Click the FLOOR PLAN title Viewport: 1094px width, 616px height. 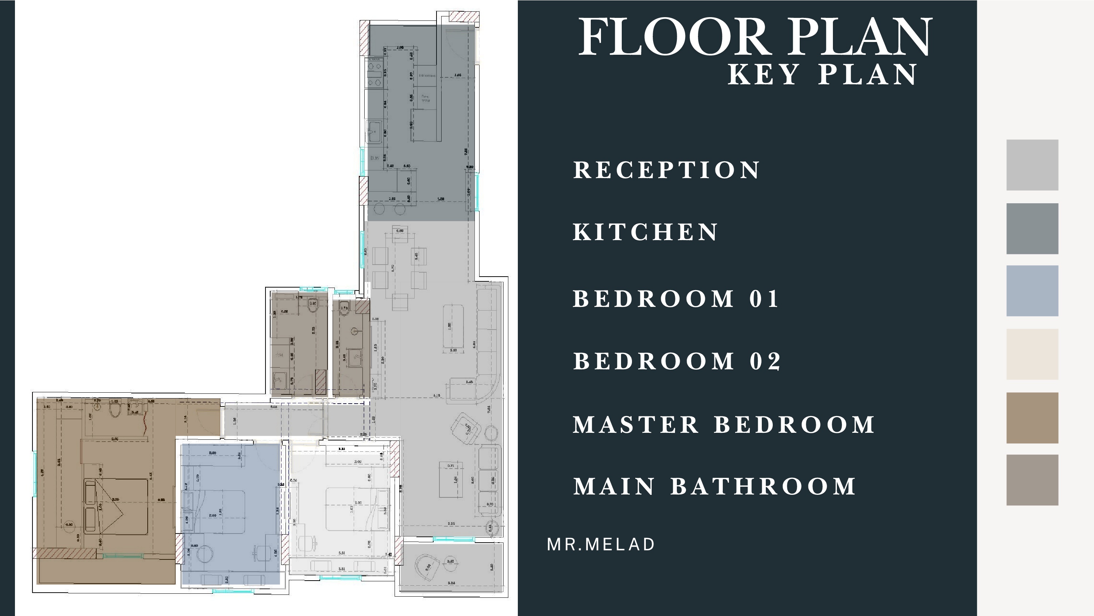click(755, 38)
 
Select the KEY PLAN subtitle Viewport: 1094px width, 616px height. click(822, 75)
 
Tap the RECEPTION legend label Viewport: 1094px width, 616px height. click(666, 170)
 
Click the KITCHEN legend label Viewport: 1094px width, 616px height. click(645, 232)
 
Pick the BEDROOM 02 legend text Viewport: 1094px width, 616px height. click(677, 361)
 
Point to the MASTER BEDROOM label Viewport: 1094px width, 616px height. click(723, 425)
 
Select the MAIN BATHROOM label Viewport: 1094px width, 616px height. click(714, 487)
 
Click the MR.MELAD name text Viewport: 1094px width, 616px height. click(601, 544)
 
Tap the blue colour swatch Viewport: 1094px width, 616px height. click(1032, 291)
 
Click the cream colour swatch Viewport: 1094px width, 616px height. click(1032, 354)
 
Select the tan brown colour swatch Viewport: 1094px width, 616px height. click(1032, 417)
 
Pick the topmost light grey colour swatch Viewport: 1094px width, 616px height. click(1032, 165)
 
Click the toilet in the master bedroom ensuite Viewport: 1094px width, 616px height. click(115, 410)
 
